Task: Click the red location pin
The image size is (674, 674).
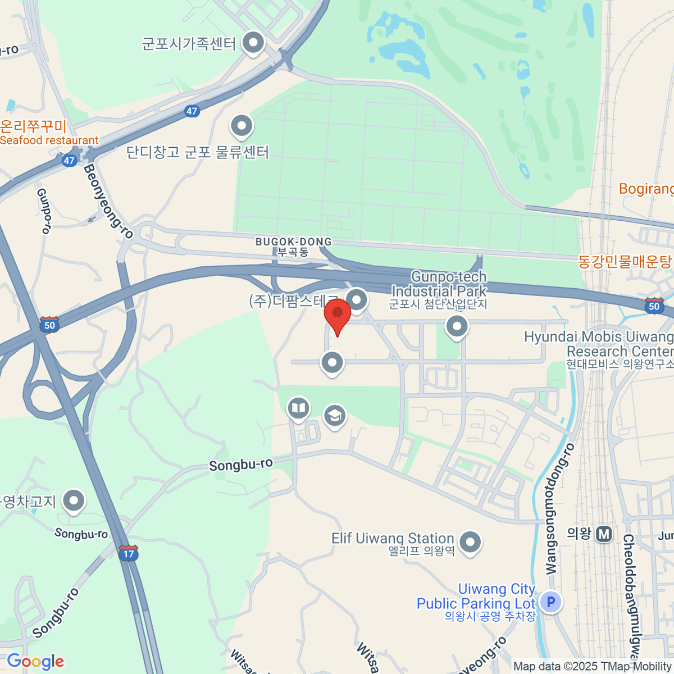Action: pyautogui.click(x=338, y=314)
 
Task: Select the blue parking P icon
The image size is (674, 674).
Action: pyautogui.click(x=551, y=603)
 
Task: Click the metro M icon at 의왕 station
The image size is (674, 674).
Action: pyautogui.click(x=604, y=534)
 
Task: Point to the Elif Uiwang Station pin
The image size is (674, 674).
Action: pyautogui.click(x=470, y=543)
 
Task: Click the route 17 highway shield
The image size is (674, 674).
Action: pyautogui.click(x=129, y=553)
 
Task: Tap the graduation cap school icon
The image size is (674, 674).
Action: pyautogui.click(x=335, y=416)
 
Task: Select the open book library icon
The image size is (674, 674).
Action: pyautogui.click(x=298, y=408)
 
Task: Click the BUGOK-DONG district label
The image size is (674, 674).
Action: pyautogui.click(x=293, y=242)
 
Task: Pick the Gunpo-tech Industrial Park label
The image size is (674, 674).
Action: pyautogui.click(x=439, y=284)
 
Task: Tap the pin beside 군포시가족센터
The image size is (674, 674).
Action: pyautogui.click(x=253, y=43)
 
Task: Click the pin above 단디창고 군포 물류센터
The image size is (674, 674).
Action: pyautogui.click(x=242, y=126)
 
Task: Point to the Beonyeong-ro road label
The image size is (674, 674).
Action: pyautogui.click(x=109, y=201)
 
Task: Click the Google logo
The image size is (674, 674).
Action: pyautogui.click(x=35, y=662)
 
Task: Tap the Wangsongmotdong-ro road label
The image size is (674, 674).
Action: pyautogui.click(x=560, y=509)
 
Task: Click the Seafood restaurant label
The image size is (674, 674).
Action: pyautogui.click(x=49, y=140)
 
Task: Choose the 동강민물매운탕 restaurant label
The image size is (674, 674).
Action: pyautogui.click(x=625, y=262)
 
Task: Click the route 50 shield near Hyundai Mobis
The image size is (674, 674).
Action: pyautogui.click(x=654, y=306)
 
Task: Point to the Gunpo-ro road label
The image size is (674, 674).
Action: pyautogui.click(x=44, y=211)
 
